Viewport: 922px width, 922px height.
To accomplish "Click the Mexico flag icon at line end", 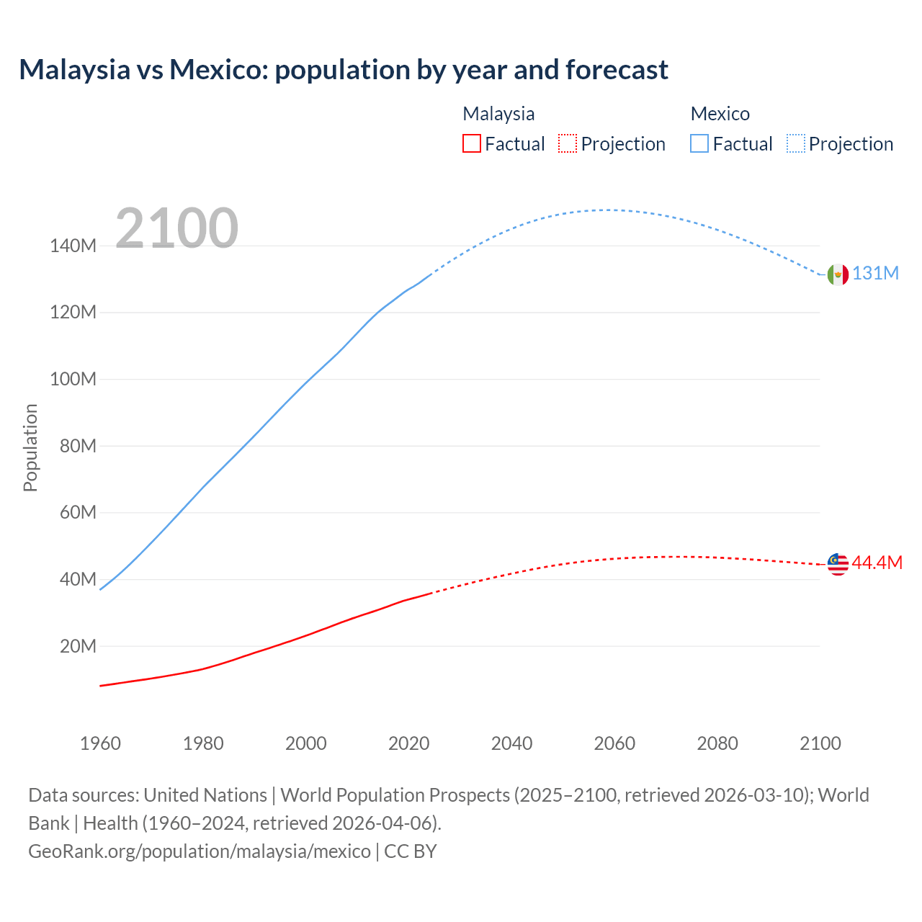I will pyautogui.click(x=838, y=274).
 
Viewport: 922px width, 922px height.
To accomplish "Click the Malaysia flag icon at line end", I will pyautogui.click(x=838, y=564).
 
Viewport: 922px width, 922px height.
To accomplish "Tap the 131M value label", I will pyautogui.click(x=876, y=274).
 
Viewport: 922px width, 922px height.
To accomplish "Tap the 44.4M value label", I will pyautogui.click(x=877, y=563).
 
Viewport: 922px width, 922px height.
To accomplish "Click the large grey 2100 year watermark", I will pyautogui.click(x=176, y=228).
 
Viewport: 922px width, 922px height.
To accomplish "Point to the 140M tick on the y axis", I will pyautogui.click(x=73, y=246).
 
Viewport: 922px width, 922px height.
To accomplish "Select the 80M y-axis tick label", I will pyautogui.click(x=78, y=446).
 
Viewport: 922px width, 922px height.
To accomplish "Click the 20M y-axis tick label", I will pyautogui.click(x=78, y=646).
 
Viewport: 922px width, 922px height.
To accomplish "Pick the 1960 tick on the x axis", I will pyautogui.click(x=100, y=743).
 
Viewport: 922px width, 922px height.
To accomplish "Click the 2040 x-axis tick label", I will pyautogui.click(x=511, y=743).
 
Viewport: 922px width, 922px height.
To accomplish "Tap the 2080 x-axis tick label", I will pyautogui.click(x=717, y=743).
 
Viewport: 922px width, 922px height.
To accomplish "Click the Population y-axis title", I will pyautogui.click(x=30, y=448).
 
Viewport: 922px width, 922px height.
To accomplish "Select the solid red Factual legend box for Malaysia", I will pyautogui.click(x=472, y=143).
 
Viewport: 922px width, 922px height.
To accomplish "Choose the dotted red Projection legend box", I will pyautogui.click(x=568, y=143).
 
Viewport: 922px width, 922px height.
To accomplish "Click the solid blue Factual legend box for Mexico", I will pyautogui.click(x=699, y=143).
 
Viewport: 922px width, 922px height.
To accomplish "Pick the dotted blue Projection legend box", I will pyautogui.click(x=795, y=143).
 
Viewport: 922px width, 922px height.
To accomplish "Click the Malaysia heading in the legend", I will pyautogui.click(x=498, y=114).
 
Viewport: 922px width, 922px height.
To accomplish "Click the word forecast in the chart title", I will pyautogui.click(x=617, y=70).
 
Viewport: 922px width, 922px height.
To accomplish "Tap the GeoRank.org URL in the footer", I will pyautogui.click(x=200, y=851).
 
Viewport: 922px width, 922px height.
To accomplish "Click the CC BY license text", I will pyautogui.click(x=411, y=851).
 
